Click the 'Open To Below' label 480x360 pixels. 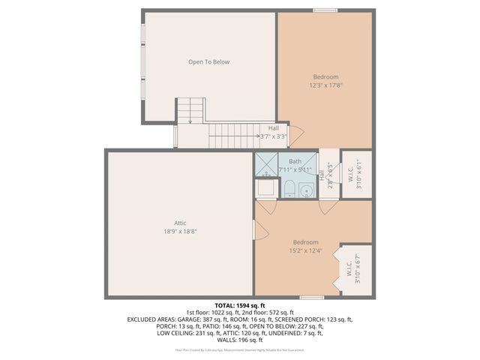208,62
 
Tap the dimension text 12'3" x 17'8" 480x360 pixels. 325,85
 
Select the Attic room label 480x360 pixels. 180,223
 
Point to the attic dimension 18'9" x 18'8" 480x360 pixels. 180,232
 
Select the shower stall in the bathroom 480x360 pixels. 265,165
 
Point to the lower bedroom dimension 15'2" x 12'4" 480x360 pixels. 305,250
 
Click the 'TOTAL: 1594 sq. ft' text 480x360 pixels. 240,306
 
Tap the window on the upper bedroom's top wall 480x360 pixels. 325,10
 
